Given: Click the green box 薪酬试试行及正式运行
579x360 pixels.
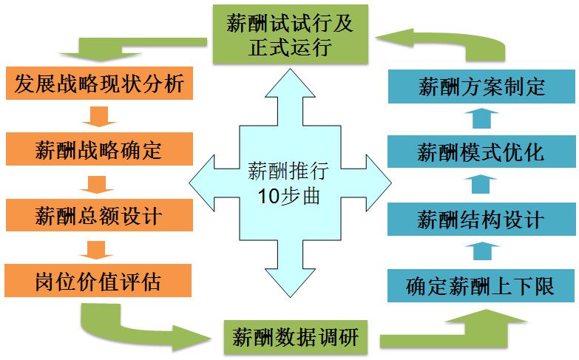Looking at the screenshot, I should (291, 34).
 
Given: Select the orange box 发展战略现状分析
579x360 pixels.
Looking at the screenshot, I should (99, 83).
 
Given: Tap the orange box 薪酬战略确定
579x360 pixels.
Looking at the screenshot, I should (99, 151).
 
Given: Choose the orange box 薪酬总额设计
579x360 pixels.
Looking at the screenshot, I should (99, 216).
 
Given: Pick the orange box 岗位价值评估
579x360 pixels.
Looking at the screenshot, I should (99, 281).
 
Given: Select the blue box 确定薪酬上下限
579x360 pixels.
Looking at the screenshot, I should (481, 285).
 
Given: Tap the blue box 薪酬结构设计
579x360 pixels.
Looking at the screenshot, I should (481, 220).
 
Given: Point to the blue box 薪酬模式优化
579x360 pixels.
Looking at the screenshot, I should (481, 153).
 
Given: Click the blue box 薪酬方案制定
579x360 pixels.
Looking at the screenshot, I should (481, 87).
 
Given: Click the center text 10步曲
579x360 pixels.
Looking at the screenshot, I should (289, 197).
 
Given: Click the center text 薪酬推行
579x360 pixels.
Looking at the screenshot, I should (288, 172).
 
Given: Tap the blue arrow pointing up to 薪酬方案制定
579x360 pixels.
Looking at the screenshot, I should (481, 120).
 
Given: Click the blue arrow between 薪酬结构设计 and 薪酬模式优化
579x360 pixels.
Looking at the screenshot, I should (481, 186).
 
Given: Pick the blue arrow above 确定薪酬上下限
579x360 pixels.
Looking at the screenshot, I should (481, 251).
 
